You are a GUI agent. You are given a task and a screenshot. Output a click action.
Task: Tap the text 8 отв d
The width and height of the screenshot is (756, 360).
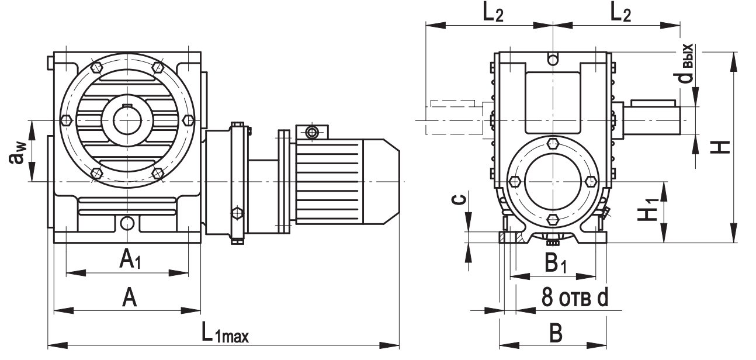[574, 298]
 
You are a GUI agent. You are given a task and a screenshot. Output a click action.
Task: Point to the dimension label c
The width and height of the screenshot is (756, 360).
[460, 200]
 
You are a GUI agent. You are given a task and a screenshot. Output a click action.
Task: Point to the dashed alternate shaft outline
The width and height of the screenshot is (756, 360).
[453, 120]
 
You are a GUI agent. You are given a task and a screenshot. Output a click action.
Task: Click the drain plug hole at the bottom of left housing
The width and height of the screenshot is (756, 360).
[127, 223]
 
